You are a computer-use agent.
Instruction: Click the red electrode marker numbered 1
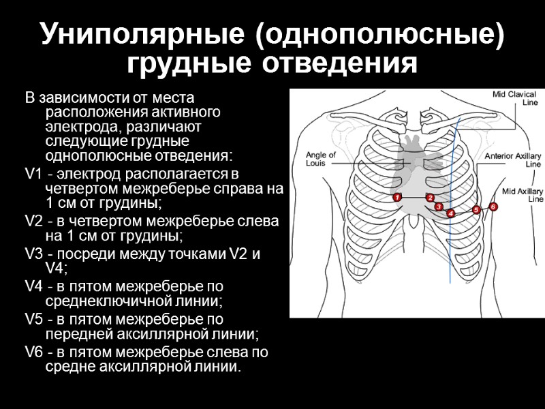397,197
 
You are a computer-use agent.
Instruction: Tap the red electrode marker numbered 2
431,198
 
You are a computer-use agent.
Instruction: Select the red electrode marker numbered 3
439,206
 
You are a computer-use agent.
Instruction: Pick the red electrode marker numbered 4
451,213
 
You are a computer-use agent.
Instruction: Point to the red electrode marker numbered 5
476,209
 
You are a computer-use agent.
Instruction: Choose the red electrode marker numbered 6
493,206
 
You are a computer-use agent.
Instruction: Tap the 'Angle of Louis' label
321,159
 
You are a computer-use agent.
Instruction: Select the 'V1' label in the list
33,176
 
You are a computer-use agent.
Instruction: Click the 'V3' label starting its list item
33,254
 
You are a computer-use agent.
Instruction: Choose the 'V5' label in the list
33,319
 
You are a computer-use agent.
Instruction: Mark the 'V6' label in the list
33,352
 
